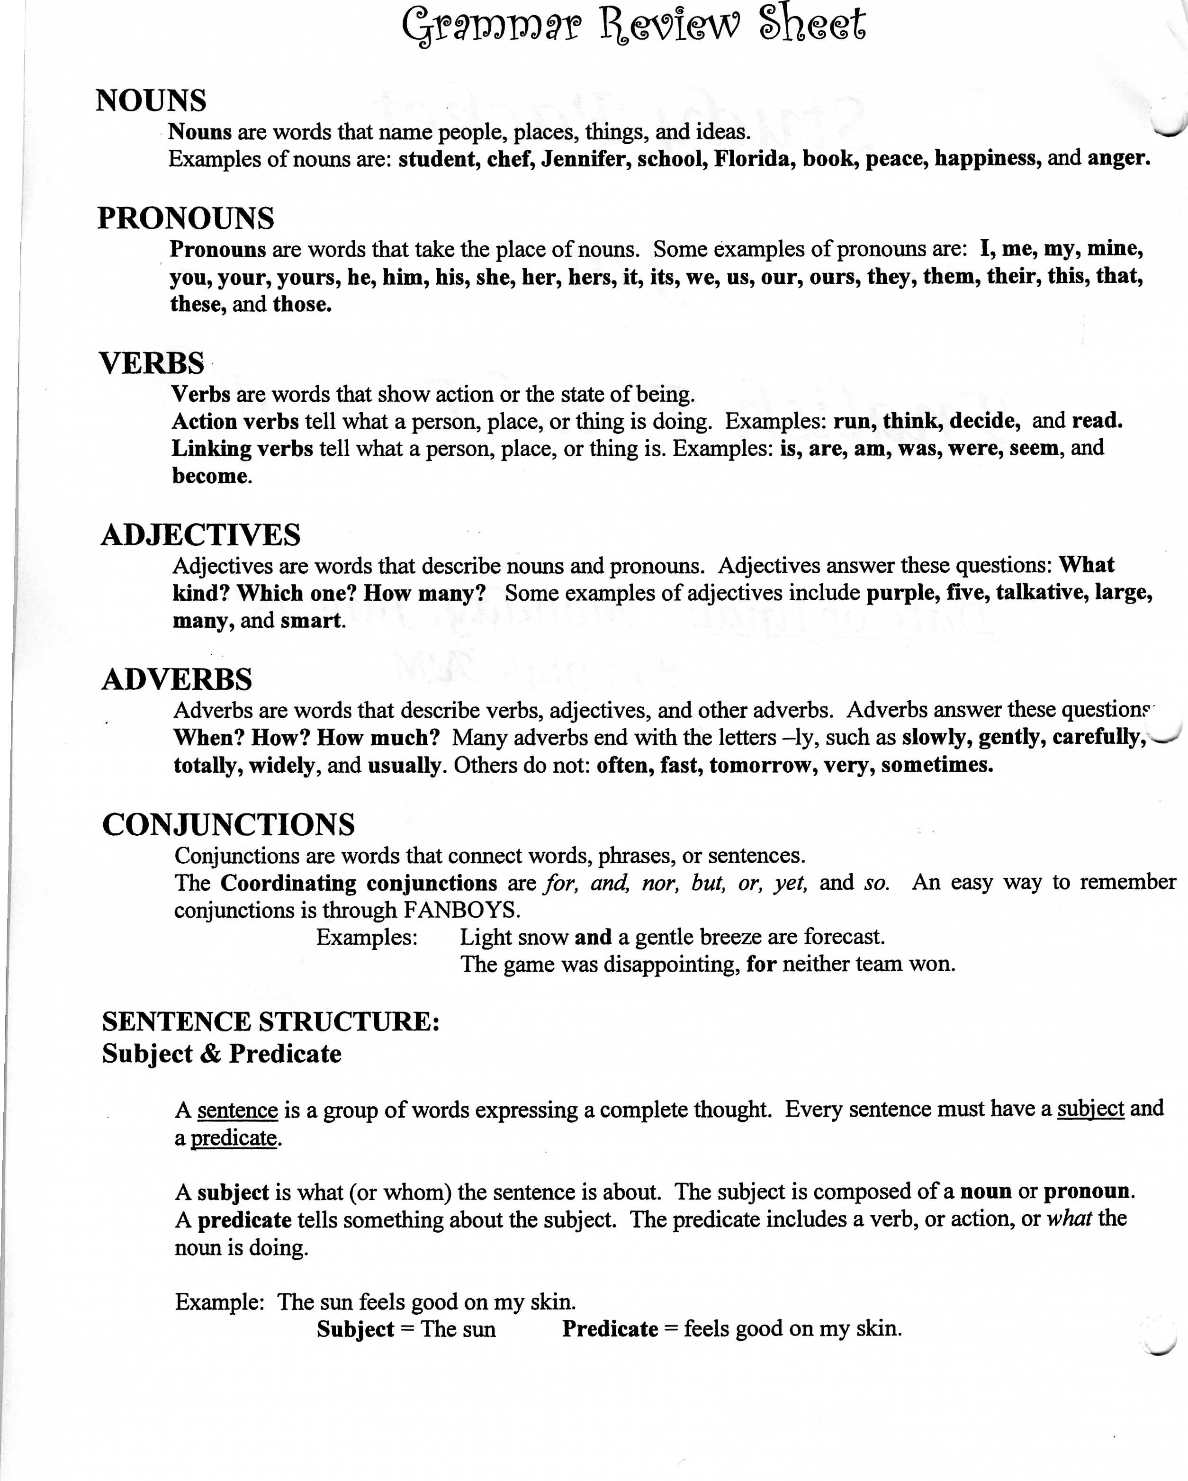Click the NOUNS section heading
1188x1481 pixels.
(151, 101)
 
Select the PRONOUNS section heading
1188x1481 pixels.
(185, 218)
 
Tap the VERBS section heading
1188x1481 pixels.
(152, 363)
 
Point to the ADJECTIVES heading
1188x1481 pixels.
(200, 534)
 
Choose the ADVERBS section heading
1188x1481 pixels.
(177, 679)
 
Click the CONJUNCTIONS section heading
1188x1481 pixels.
(229, 824)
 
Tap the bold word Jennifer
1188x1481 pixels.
(585, 159)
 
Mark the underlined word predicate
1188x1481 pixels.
(234, 1138)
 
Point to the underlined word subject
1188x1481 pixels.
(1090, 1109)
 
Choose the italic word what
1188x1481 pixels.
(1069, 1219)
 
